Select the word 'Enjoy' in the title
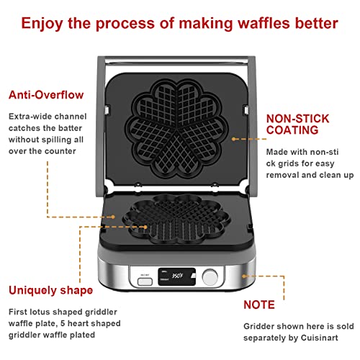pos(42,22)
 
